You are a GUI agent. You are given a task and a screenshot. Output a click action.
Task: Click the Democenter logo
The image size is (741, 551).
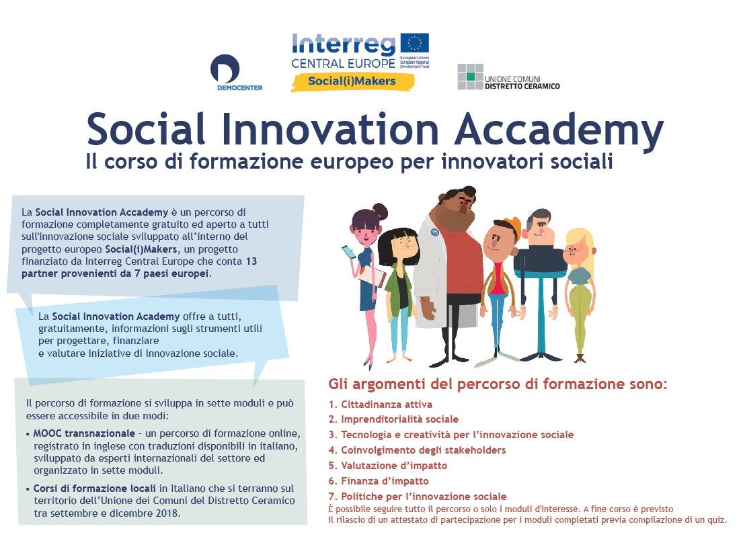[236, 73]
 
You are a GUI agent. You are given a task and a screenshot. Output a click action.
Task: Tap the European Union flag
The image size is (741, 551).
[415, 42]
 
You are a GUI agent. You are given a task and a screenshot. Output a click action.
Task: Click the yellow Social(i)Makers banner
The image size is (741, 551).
[352, 81]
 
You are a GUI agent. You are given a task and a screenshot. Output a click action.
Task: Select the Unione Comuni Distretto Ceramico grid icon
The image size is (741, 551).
[470, 77]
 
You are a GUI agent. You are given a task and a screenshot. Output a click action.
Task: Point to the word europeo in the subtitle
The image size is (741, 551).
[352, 162]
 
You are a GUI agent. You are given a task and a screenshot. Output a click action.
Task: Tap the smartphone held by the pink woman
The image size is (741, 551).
[349, 252]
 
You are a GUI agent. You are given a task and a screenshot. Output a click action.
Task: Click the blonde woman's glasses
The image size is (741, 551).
[574, 249]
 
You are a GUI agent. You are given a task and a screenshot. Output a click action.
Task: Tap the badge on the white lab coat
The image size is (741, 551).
[435, 232]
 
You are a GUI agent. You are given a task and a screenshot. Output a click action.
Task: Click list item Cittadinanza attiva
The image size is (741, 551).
[381, 404]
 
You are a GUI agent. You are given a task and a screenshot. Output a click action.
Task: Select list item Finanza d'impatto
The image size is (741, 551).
[379, 481]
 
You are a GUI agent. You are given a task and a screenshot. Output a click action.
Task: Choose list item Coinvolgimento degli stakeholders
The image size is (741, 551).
[417, 450]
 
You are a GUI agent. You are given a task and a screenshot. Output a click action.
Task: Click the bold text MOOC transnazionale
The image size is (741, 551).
[84, 433]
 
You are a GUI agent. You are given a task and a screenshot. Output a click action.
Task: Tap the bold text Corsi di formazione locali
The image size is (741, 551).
[95, 489]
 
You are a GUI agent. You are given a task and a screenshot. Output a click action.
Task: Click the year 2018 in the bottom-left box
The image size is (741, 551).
[167, 513]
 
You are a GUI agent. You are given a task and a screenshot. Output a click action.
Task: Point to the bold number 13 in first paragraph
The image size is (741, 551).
[251, 261]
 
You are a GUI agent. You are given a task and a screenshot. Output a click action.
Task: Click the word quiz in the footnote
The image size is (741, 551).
[716, 520]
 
